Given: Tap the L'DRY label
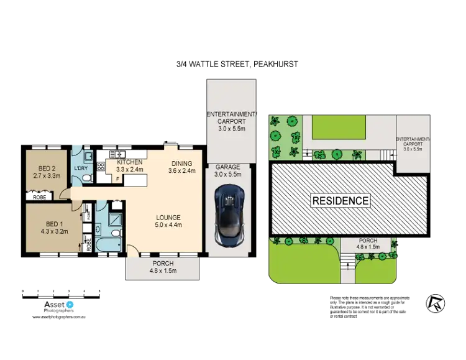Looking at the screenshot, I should pos(81,168).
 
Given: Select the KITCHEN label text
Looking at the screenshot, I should pos(129,162).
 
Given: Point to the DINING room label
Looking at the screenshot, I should pos(183,164).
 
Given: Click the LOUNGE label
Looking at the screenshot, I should pos(168,217).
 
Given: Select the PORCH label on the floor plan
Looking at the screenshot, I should pos(162,263).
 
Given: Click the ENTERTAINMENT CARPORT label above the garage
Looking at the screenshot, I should pos(231,114).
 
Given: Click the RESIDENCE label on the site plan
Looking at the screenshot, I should pos(340,201).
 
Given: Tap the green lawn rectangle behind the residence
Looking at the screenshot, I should pos(339,129).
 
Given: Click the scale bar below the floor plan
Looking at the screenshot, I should pos(61,291).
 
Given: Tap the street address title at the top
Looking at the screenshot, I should pos(237,64).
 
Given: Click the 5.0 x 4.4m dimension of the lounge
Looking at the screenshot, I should pos(168,225).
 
